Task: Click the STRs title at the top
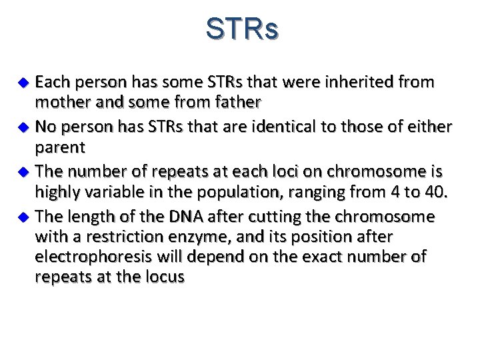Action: pos(242,29)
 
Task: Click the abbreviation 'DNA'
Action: pos(186,216)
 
